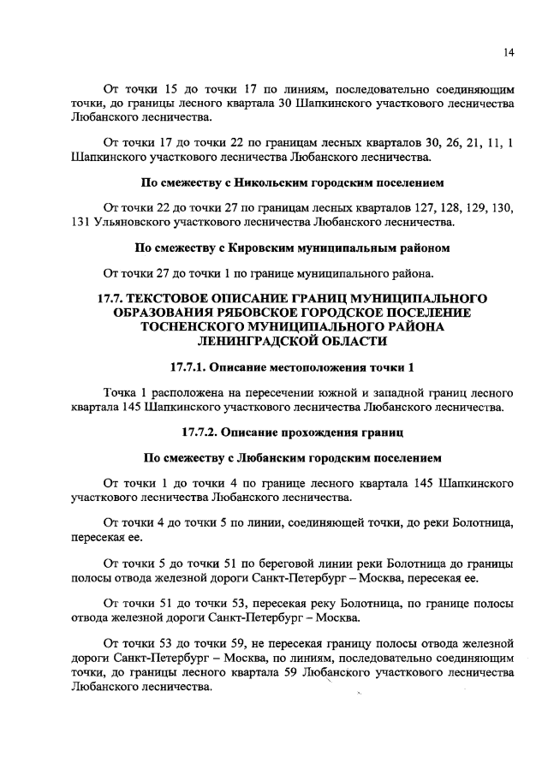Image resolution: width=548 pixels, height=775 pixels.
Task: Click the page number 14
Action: point(509,53)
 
